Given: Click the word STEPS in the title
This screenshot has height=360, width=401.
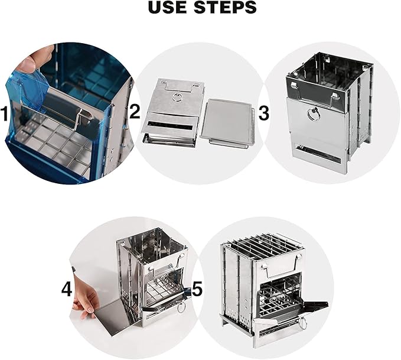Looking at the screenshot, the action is (x=226, y=7).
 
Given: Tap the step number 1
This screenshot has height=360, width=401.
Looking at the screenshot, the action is (x=5, y=114).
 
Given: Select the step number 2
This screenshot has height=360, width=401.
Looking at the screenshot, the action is (x=135, y=112).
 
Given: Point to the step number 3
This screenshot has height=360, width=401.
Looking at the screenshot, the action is (x=263, y=113).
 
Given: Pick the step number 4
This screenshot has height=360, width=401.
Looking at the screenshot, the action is (x=67, y=290).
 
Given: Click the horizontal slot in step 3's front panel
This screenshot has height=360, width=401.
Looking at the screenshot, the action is (x=318, y=154).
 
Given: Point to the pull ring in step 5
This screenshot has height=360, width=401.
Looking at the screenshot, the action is (x=302, y=323).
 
